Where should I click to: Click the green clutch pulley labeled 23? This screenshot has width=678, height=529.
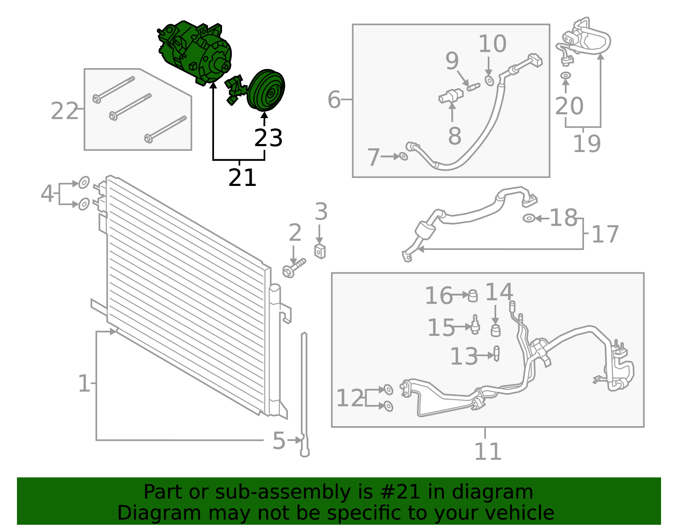tap(266, 90)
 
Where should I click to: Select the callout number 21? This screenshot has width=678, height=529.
tap(242, 178)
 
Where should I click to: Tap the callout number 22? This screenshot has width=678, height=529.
tap(64, 111)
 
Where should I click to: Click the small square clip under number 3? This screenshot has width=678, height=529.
tap(320, 252)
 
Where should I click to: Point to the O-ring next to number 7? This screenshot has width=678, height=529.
tap(403, 156)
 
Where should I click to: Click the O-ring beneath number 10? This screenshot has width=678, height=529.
tap(489, 81)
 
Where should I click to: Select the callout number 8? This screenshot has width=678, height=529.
tap(455, 136)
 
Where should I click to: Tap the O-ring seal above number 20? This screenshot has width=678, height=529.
tap(565, 75)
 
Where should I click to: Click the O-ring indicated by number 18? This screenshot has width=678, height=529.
tap(529, 218)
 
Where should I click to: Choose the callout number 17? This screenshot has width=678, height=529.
tap(605, 234)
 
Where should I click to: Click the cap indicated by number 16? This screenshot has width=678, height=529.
tap(473, 296)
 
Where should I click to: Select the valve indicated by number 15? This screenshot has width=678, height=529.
tap(475, 324)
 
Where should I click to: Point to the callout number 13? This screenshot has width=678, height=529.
tap(464, 356)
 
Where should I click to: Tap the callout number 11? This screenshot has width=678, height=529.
tap(488, 451)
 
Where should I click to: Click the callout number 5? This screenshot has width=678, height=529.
tap(279, 441)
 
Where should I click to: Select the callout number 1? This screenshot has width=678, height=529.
tap(84, 383)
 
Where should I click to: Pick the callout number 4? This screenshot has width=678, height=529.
tap(47, 194)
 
